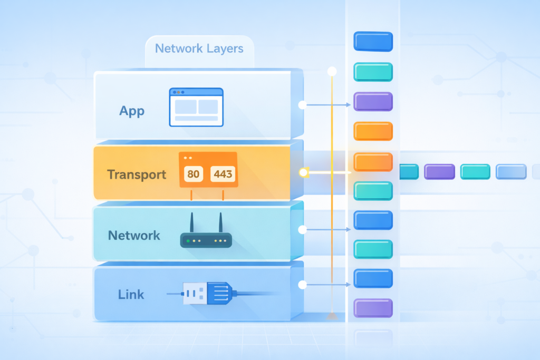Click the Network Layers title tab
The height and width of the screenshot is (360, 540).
[x=199, y=49]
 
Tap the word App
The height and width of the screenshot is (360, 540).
[x=132, y=111]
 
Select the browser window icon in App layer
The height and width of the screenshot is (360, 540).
[x=196, y=107]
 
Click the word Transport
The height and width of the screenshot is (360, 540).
[x=137, y=174]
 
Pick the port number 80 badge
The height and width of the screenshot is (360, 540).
[x=193, y=174]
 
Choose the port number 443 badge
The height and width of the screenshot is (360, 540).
[x=223, y=174]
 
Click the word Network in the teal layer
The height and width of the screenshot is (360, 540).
[x=134, y=235]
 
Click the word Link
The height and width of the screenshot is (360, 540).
[x=131, y=294]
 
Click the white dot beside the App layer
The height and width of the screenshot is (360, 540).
[x=302, y=105]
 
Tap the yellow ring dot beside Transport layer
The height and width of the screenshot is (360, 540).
[x=303, y=172]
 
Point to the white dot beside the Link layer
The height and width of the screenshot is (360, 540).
[x=302, y=285]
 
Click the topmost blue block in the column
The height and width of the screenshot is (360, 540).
[x=373, y=41]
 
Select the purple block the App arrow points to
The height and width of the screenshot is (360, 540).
[x=373, y=101]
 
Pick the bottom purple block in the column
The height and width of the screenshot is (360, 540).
[x=373, y=308]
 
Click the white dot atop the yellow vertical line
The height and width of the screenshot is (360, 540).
[x=332, y=71]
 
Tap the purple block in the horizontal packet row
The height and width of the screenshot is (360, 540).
[x=439, y=172]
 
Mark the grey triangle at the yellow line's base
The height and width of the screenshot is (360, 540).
[x=332, y=316]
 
